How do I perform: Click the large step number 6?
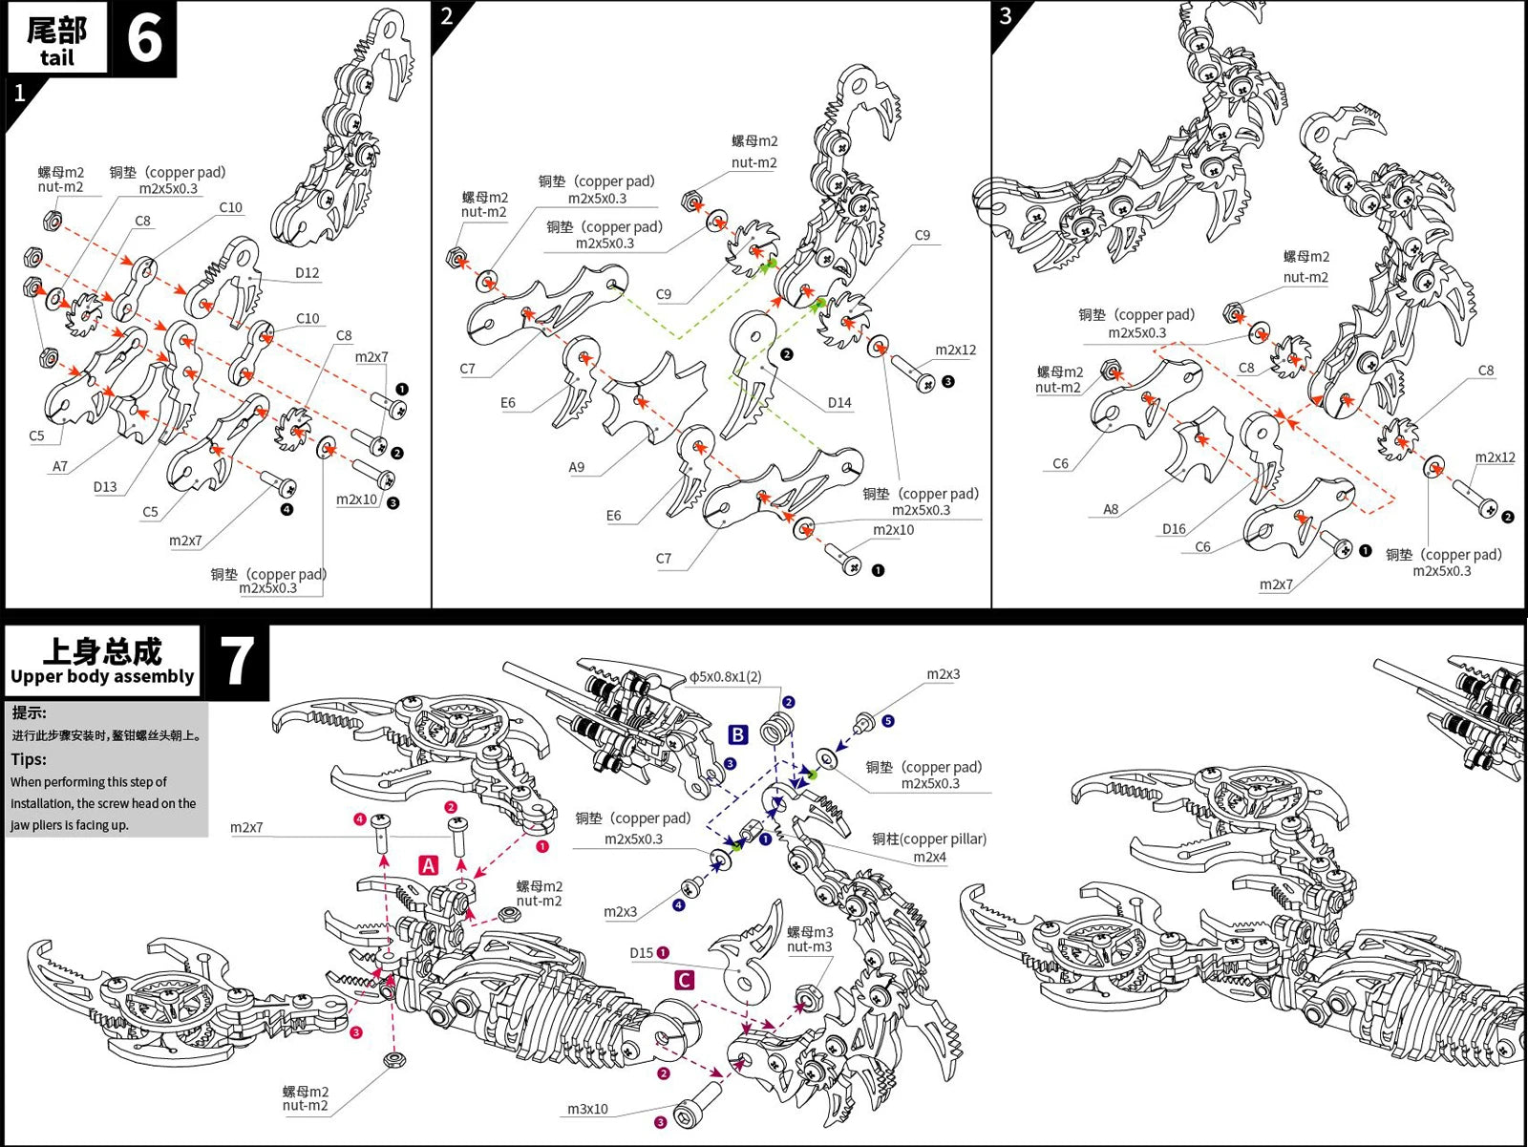pos(144,38)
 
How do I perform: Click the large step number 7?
pos(237,661)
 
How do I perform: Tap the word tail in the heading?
pos(56,57)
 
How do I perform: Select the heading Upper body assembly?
pos(102,676)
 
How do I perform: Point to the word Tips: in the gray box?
pos(29,759)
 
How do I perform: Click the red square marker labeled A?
pos(429,865)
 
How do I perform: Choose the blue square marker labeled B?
pos(738,734)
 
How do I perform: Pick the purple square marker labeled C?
pos(684,980)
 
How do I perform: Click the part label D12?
pos(307,273)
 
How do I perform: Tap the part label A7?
pos(60,466)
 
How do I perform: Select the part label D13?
pos(105,487)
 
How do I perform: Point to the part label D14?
pos(839,403)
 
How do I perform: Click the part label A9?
pos(576,467)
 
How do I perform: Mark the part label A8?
pos(1111,509)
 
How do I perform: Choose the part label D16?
pos(1174,529)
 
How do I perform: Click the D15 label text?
pos(642,953)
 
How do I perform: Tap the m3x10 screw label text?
pos(587,1109)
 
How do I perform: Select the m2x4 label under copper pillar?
pos(929,857)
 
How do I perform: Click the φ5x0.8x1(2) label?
pos(726,676)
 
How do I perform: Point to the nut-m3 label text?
pos(809,946)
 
